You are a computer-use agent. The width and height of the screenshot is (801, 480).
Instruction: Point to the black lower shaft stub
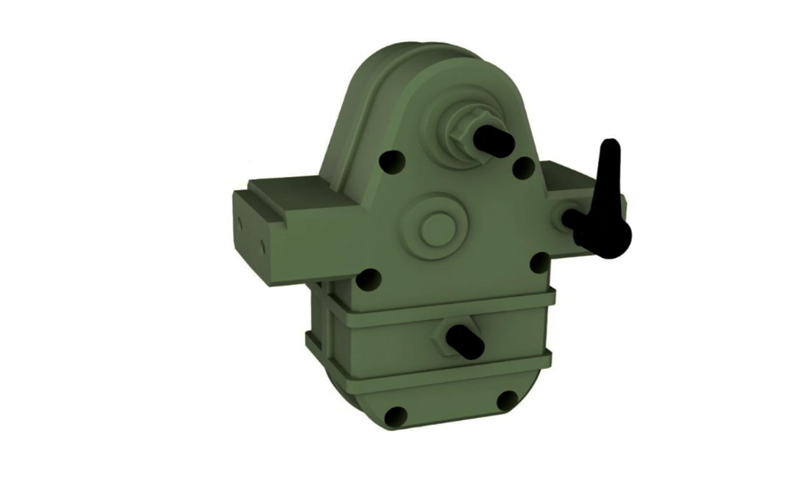tap(464, 341)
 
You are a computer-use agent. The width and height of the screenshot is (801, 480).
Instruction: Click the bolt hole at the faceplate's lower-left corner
tap(369, 279)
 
